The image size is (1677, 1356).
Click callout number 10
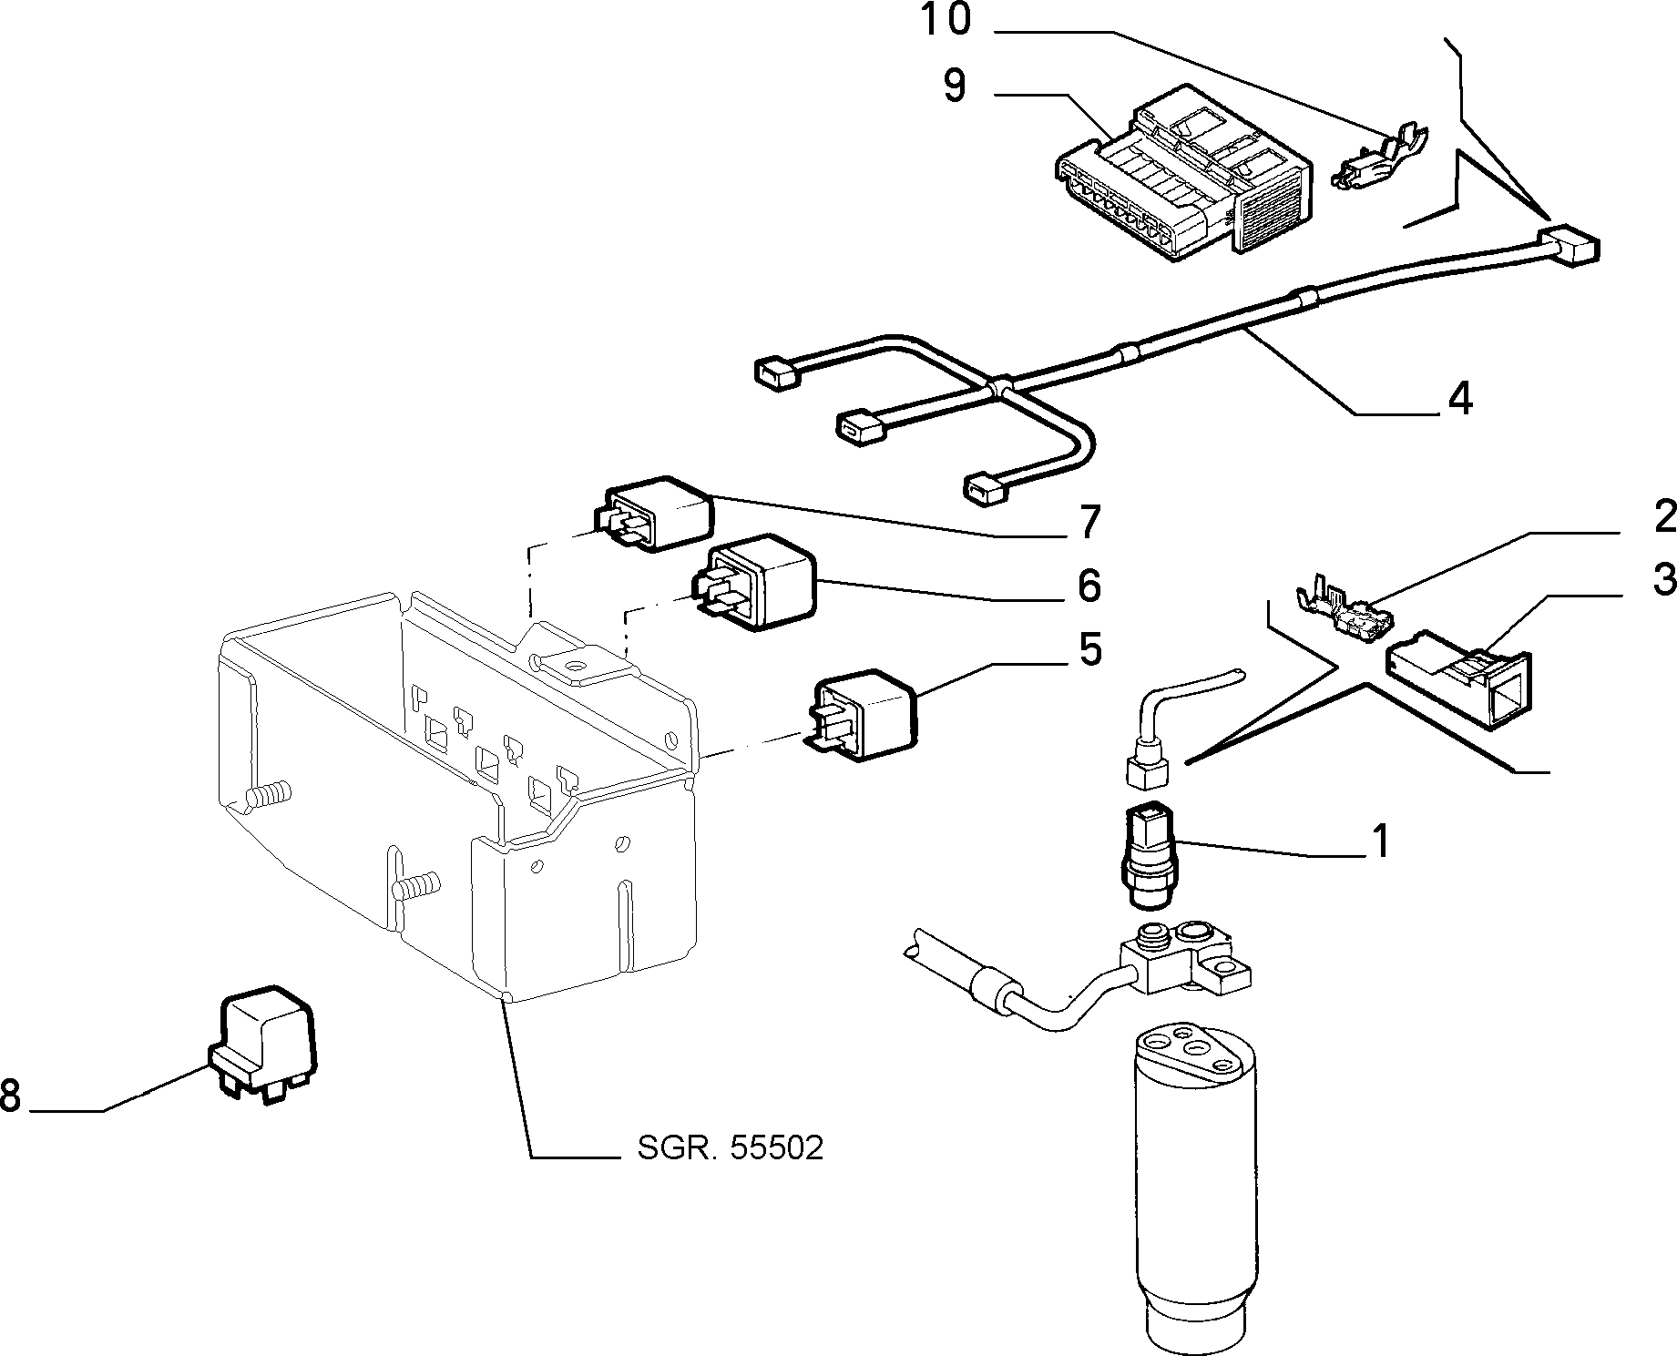[946, 20]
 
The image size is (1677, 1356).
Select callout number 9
[954, 88]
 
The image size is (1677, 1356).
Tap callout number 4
[1460, 399]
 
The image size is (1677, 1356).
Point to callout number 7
[1089, 521]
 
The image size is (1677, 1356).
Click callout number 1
[1381, 841]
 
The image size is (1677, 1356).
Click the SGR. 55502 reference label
[730, 1147]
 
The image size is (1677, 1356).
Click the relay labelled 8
[265, 1044]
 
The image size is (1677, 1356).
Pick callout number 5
[1089, 648]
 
